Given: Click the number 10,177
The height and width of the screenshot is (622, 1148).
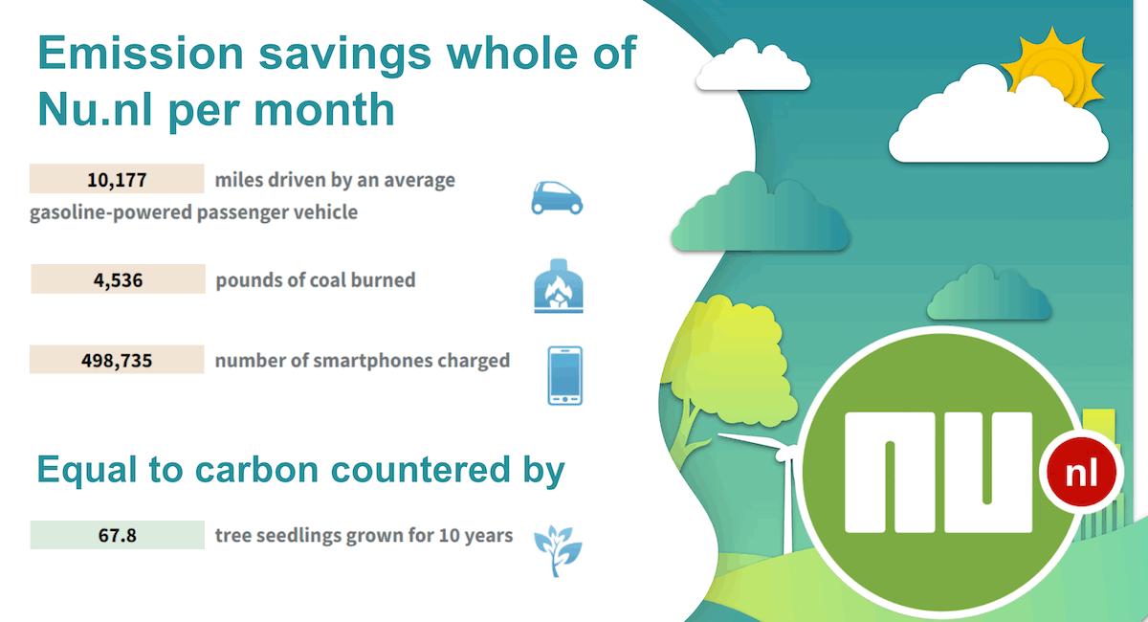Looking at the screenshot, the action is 117,180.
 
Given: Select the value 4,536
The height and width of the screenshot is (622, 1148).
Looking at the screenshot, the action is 118,280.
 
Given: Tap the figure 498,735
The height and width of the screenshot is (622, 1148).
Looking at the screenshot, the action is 117,361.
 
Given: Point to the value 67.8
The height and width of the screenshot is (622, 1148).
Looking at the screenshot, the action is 118,535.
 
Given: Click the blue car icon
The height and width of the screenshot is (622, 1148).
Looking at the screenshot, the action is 557,198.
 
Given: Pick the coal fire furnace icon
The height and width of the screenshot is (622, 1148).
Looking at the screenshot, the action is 559,286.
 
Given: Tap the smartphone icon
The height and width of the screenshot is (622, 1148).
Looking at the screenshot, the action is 564,376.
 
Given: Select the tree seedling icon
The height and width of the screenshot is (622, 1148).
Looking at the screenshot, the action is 558,551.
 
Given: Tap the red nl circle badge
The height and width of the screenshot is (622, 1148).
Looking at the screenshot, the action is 1081,473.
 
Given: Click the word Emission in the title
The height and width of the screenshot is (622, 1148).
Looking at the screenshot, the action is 141,53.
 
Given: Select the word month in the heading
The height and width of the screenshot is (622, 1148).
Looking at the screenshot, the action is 324,110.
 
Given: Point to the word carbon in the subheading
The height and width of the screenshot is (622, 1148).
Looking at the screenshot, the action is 256,470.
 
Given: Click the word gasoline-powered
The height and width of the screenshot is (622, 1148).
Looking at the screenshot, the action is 110,212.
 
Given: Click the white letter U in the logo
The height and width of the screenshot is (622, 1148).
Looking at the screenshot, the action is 988,473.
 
